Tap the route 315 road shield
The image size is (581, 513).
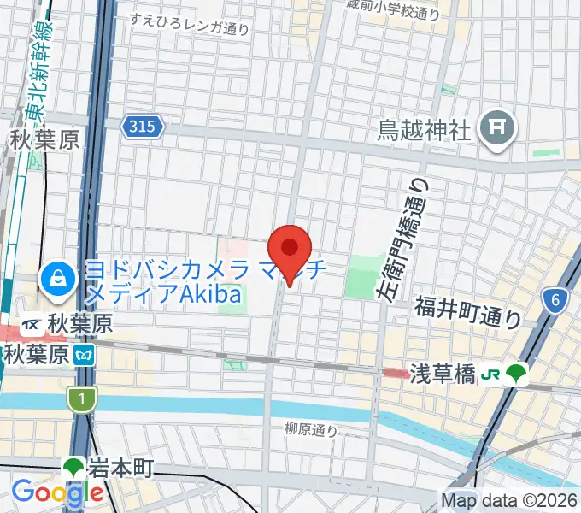click(142, 127)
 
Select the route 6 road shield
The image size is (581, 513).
click(555, 299)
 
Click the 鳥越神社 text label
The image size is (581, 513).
click(425, 130)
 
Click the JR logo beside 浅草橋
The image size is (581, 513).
click(490, 374)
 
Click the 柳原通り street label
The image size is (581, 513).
click(310, 429)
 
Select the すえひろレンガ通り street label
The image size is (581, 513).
click(190, 24)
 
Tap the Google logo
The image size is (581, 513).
click(56, 493)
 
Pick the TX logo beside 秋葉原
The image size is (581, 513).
click(32, 325)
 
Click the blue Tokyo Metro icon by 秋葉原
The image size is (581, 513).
click(83, 353)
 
